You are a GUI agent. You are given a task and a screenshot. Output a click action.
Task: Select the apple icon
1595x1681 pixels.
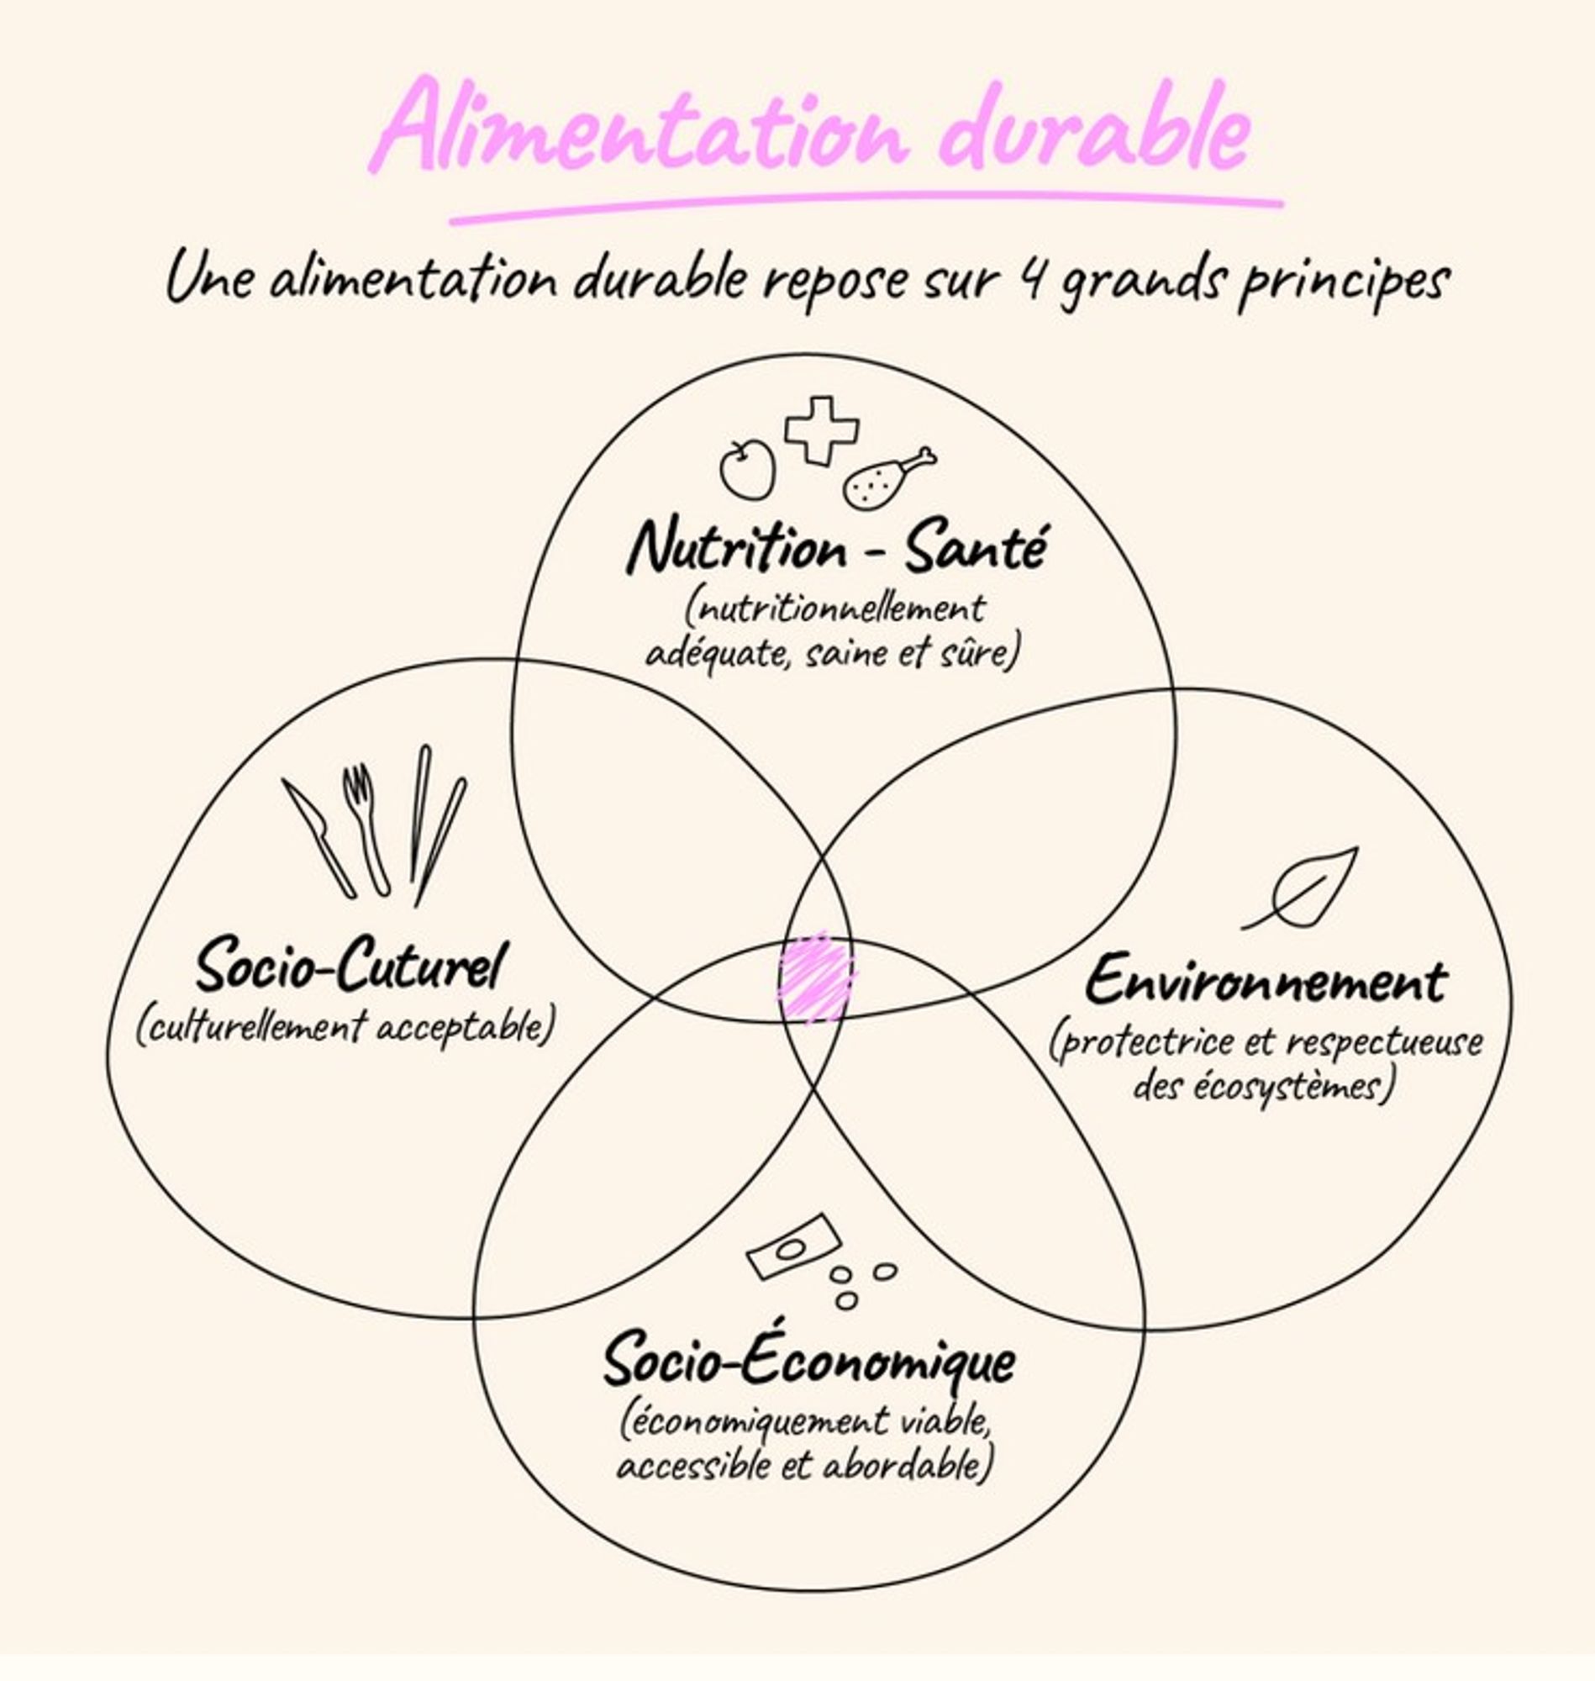pyautogui.click(x=747, y=466)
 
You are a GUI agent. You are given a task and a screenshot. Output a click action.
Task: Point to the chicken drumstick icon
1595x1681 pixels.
pyautogui.click(x=887, y=478)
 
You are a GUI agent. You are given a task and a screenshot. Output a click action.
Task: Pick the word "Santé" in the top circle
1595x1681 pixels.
pyautogui.click(x=974, y=549)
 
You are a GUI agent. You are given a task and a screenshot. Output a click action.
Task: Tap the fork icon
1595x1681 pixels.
pyautogui.click(x=366, y=828)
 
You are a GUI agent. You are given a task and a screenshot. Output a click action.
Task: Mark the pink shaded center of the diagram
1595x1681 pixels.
pyautogui.click(x=816, y=977)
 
